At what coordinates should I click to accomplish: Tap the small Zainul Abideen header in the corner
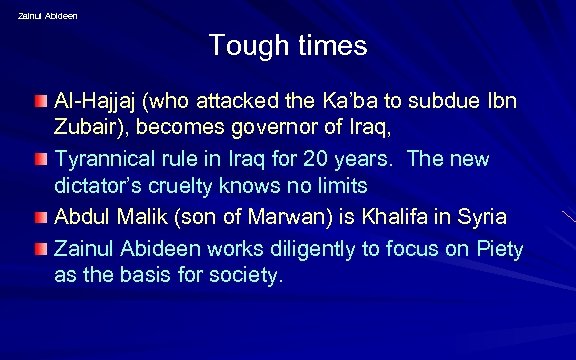coord(47,15)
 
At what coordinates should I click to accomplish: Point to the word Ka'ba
coord(351,104)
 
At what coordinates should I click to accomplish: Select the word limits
coord(340,186)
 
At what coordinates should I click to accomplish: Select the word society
coord(249,273)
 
